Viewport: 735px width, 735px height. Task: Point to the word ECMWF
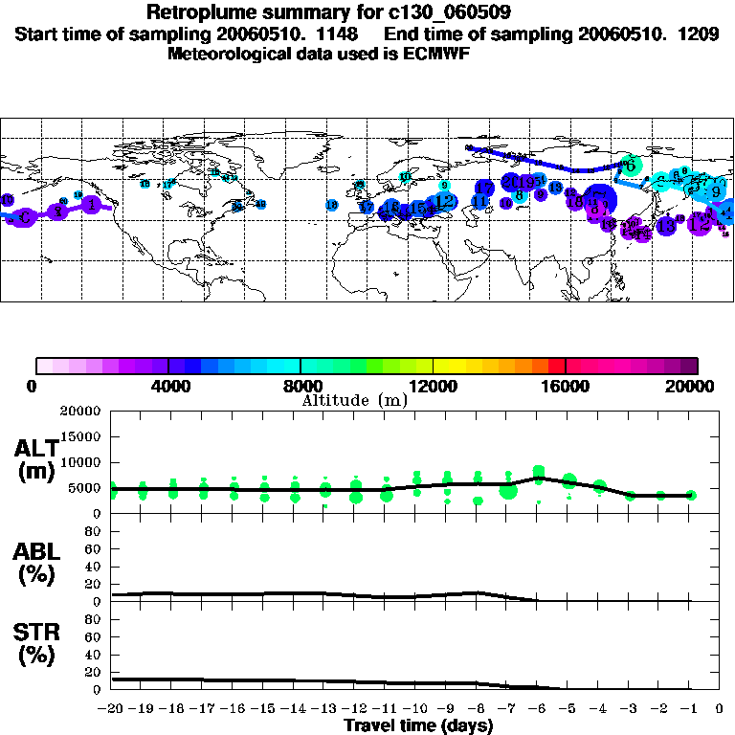434,54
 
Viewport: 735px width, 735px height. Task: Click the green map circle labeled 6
629,164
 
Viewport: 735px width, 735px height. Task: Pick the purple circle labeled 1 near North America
91,204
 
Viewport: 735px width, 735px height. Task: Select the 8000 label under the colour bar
301,387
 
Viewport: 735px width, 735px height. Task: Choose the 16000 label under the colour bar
566,387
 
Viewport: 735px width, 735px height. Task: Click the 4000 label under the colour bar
167,387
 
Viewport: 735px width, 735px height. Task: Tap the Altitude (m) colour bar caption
354,400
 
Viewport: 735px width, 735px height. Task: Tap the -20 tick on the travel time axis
112,709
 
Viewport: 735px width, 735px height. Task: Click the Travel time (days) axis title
418,726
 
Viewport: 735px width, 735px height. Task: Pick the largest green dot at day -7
507,492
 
